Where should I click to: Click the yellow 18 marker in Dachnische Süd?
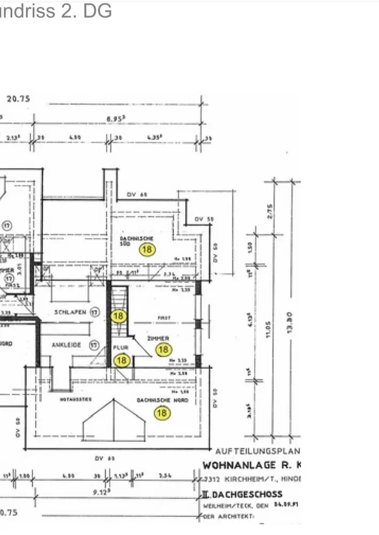(147, 249)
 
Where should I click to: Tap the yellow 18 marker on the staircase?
(118, 316)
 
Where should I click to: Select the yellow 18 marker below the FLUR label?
(122, 360)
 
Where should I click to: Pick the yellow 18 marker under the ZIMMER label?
(164, 350)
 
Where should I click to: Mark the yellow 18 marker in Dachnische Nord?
(161, 412)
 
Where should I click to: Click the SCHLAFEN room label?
(70, 312)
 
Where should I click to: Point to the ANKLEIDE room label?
(66, 345)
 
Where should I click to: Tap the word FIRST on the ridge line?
(164, 318)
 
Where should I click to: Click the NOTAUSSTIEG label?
(76, 399)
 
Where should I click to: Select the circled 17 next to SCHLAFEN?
(95, 312)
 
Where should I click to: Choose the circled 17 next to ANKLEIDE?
(95, 345)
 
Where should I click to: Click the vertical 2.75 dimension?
(270, 211)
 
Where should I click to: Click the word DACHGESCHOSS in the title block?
(246, 494)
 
